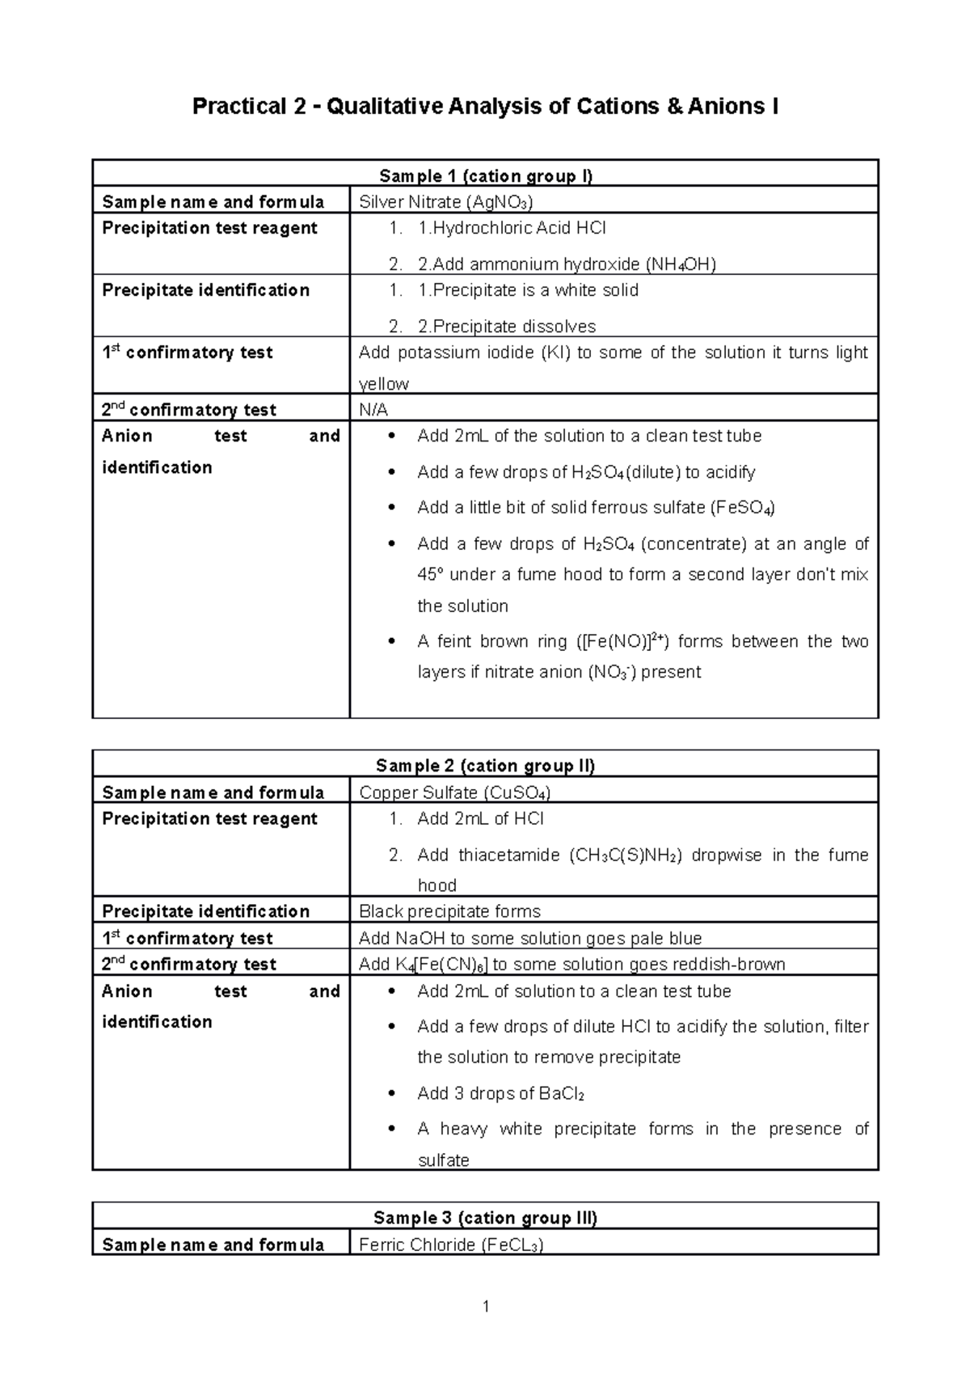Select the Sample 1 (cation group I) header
tap(485, 175)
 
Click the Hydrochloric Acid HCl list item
tap(512, 228)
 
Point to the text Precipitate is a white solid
tap(528, 290)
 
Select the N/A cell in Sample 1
tap(373, 410)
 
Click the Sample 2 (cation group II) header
tap(485, 766)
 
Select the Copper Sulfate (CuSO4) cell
tap(454, 792)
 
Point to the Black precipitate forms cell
tap(449, 911)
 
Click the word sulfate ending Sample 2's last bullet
tap(443, 1160)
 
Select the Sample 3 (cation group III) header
tap(485, 1218)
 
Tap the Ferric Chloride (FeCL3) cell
tap(451, 1244)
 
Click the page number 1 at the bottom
tap(485, 1306)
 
